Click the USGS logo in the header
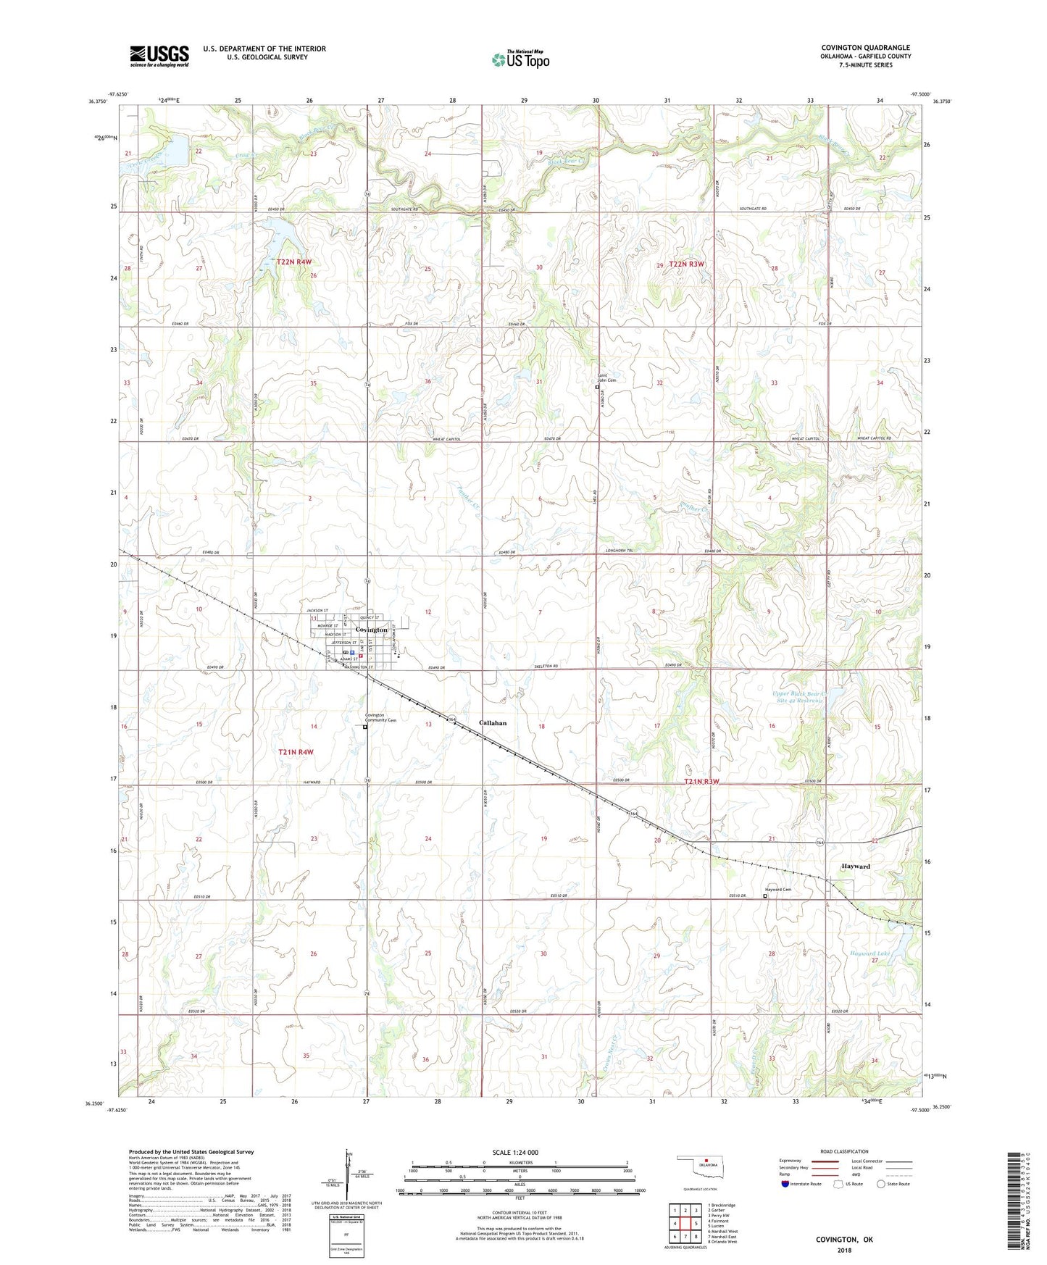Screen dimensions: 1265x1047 159,56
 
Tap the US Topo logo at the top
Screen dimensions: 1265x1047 520,59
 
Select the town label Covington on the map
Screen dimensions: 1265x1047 371,630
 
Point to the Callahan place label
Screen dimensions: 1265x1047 493,723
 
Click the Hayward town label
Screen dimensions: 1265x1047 855,867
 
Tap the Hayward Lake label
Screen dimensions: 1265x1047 869,954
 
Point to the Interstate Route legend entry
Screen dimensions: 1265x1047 801,1184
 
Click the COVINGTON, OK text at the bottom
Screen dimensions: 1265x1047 844,1240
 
